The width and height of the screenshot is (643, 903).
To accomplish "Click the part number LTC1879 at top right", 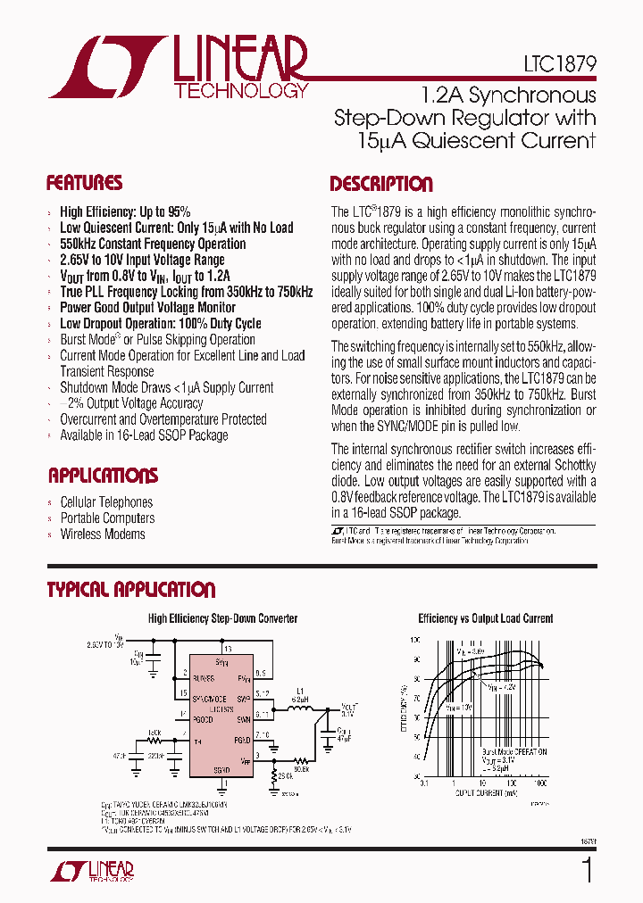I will click(x=560, y=65).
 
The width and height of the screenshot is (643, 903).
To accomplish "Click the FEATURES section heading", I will click(x=84, y=184).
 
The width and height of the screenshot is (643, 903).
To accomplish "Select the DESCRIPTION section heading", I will click(x=381, y=185).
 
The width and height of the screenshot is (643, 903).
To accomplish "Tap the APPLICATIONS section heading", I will click(x=103, y=476).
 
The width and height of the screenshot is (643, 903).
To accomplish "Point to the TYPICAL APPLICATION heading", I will click(x=130, y=590).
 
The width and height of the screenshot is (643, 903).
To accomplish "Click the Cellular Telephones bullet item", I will click(x=106, y=502).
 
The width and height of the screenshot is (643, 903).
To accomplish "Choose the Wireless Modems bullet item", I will click(x=103, y=534).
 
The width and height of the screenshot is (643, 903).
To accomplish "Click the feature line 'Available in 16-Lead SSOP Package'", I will click(x=144, y=435).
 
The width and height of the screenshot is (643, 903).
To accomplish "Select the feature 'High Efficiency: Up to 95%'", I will click(x=125, y=211).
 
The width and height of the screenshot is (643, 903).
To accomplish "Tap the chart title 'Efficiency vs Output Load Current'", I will click(x=486, y=618).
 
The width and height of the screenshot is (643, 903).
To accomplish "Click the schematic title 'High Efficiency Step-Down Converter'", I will click(x=222, y=618).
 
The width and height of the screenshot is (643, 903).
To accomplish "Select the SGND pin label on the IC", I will click(x=221, y=770).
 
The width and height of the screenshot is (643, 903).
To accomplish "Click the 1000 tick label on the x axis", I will click(x=539, y=783).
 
